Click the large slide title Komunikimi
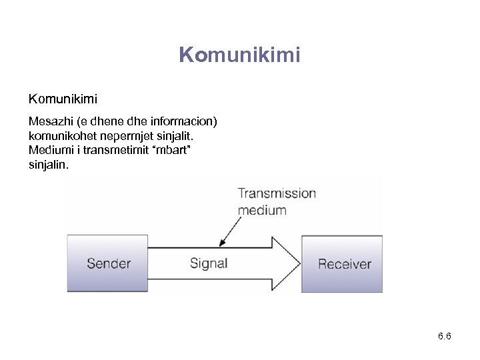[x=240, y=55]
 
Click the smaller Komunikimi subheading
[x=63, y=99]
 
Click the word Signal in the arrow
[x=209, y=263]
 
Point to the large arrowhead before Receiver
[x=285, y=263]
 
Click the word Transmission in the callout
[x=277, y=193]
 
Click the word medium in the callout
[x=262, y=210]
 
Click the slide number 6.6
[x=445, y=336]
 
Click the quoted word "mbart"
[x=177, y=150]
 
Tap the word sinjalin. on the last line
[x=48, y=164]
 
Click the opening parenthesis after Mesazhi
[x=79, y=122]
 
